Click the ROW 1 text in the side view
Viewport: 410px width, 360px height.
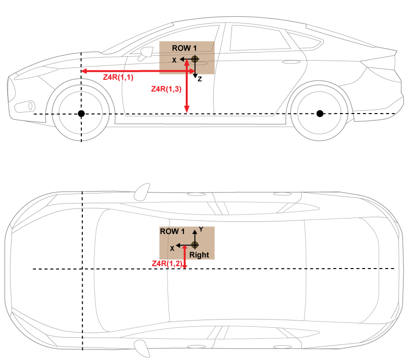tap(185, 49)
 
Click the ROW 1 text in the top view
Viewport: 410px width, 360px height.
tap(172, 231)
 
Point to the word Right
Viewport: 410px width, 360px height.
tap(199, 255)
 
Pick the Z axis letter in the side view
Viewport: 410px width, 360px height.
tap(199, 79)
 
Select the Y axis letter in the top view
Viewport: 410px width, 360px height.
tap(201, 230)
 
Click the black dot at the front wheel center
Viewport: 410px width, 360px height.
tap(81, 114)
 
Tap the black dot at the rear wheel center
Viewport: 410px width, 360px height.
tap(320, 114)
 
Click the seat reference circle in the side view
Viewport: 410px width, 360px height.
tap(195, 59)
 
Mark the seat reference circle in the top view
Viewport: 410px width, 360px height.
tap(195, 245)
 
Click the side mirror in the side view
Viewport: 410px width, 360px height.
tap(142, 54)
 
